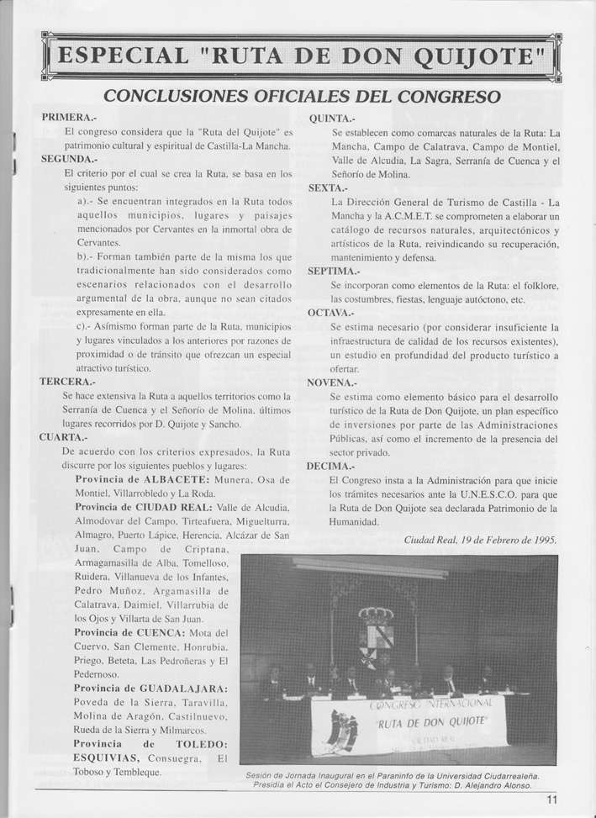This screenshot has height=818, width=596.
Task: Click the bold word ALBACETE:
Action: (x=182, y=479)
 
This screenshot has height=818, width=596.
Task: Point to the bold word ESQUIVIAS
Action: (x=110, y=758)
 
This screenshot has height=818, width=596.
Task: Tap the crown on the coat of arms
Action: (x=376, y=615)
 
